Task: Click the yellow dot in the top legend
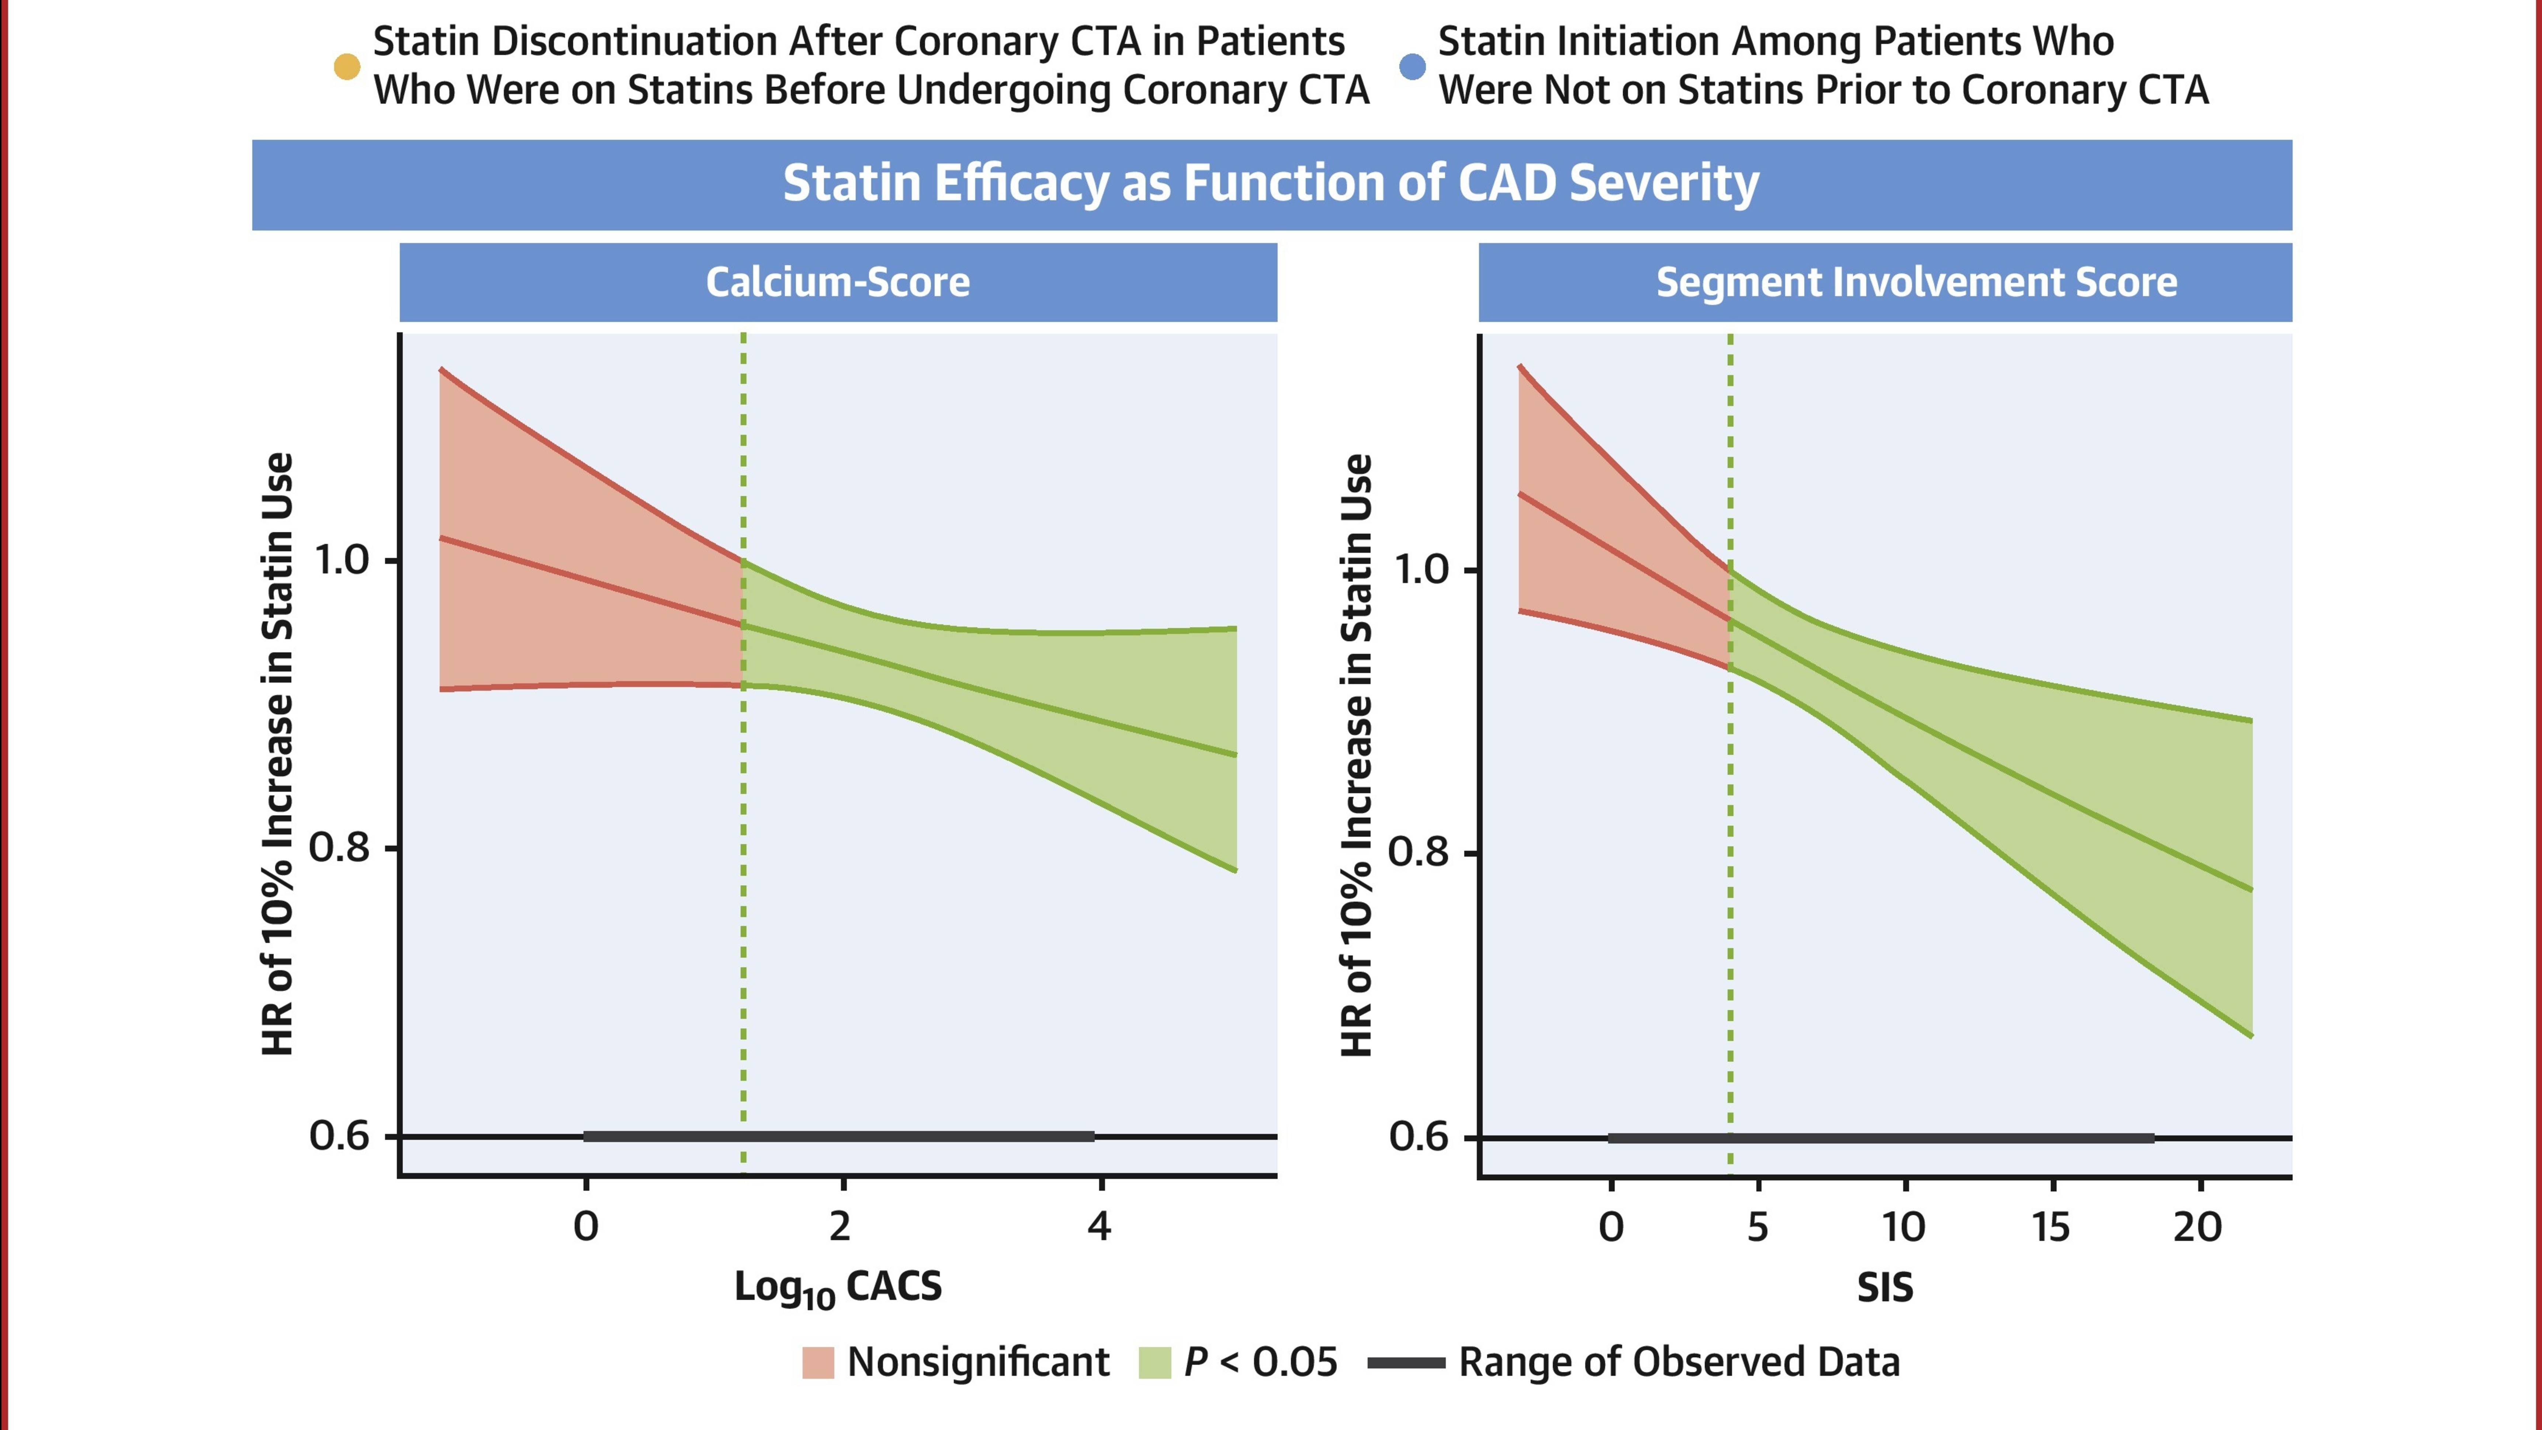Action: coord(346,66)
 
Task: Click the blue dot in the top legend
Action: coord(1412,66)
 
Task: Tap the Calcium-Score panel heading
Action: coord(838,282)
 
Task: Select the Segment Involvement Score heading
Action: coord(1915,282)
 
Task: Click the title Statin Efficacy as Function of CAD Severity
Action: coord(1271,184)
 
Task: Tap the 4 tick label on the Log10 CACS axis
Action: coord(1099,1227)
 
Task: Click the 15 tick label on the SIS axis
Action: coord(2051,1227)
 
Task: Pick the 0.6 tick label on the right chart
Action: coord(1419,1137)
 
